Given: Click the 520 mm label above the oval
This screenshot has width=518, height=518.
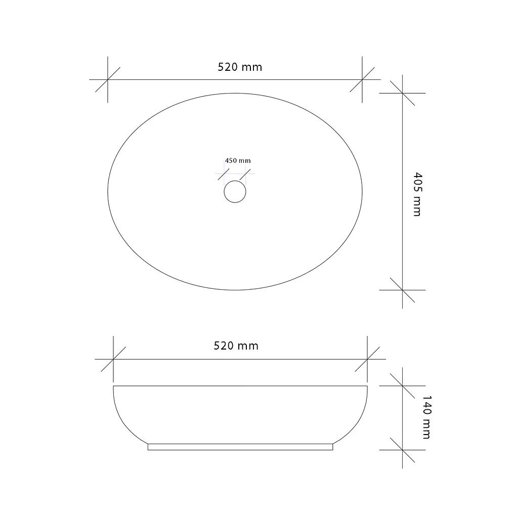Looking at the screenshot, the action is (x=240, y=67).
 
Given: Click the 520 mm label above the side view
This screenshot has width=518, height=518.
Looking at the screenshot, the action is (x=236, y=346).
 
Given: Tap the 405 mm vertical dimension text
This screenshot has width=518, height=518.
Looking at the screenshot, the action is (x=417, y=194).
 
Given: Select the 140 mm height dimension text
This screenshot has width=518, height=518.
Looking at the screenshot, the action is (x=427, y=417).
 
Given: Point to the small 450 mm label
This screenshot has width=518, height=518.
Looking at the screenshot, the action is (x=238, y=160).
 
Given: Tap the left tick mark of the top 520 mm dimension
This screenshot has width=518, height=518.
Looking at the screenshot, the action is (x=108, y=79).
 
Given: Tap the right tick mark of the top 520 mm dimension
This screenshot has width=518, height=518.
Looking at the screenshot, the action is (x=362, y=79).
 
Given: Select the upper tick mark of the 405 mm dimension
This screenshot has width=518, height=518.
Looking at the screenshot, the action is (x=402, y=93).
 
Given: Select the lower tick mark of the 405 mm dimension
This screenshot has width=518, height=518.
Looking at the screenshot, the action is (x=402, y=290).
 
